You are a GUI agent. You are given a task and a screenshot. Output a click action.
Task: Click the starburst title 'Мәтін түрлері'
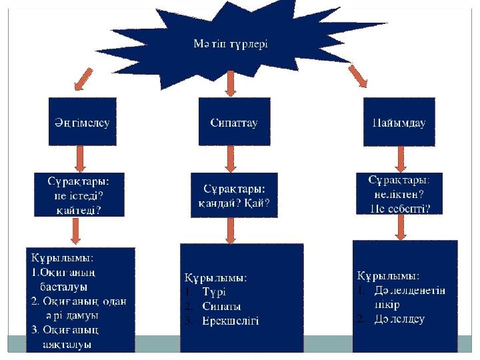[x=230, y=44]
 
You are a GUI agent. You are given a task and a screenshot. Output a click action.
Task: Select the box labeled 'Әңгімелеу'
[x=82, y=122]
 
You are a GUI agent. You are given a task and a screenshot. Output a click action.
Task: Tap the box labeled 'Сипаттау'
[x=233, y=122]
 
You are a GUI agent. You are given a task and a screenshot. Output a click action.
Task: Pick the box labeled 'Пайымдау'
[x=398, y=123]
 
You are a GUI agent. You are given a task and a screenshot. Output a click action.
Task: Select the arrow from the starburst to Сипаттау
[x=230, y=83]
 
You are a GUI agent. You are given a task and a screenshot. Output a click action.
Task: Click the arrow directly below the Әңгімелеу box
[x=80, y=159]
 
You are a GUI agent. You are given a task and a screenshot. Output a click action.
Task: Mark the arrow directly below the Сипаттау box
[x=231, y=159]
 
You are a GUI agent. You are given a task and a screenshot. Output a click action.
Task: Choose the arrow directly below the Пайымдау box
[x=400, y=159]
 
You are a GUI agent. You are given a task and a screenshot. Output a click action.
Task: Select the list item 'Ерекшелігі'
[x=230, y=321]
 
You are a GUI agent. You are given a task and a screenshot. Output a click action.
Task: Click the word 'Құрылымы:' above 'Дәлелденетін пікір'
[x=388, y=275]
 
